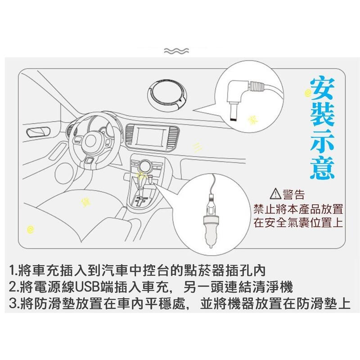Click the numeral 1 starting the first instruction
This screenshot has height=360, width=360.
pyautogui.click(x=13, y=272)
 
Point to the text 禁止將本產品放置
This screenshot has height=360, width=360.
pyautogui.click(x=298, y=209)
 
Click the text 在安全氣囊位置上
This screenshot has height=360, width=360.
pyautogui.click(x=298, y=223)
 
